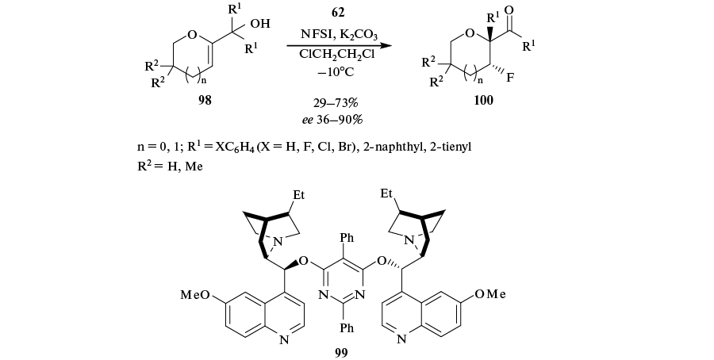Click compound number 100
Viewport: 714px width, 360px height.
pos(482,100)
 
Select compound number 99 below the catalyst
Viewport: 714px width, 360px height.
pos(341,351)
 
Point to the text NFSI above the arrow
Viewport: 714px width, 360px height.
pos(315,33)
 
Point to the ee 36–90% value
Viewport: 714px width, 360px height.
pos(341,119)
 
